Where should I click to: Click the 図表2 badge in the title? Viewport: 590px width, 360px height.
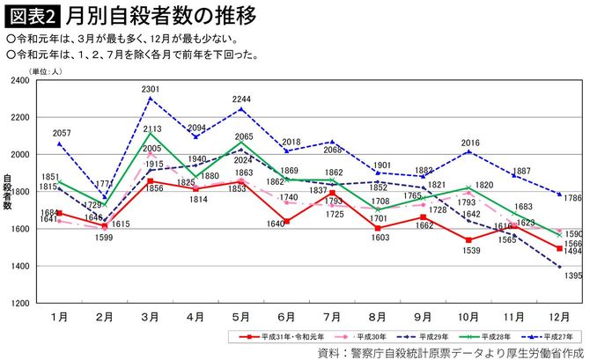pyautogui.click(x=33, y=16)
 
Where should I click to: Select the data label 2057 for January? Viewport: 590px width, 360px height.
pyautogui.click(x=62, y=133)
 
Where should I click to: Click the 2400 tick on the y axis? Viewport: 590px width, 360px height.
pyautogui.click(x=18, y=80)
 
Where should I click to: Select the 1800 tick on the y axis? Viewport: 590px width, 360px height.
pyautogui.click(x=18, y=192)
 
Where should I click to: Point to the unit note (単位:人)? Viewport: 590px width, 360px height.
pyautogui.click(x=44, y=70)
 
